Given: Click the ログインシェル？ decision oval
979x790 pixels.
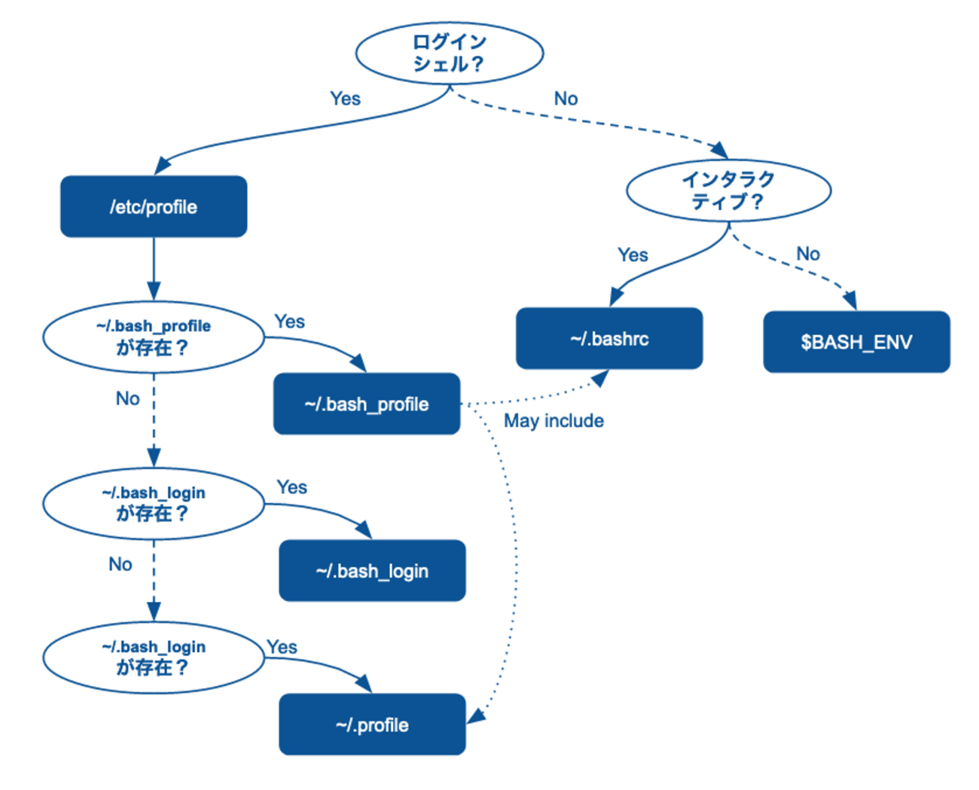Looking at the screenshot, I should tap(450, 53).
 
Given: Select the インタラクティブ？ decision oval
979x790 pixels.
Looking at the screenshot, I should tap(728, 191).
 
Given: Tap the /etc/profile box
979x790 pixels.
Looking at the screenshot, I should tap(154, 207).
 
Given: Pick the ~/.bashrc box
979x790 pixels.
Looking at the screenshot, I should tap(609, 339).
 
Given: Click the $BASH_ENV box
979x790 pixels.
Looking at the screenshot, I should tap(856, 343).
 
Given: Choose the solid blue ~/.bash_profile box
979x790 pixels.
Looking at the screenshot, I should tap(367, 404).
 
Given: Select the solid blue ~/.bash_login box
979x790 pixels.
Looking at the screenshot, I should tap(372, 571).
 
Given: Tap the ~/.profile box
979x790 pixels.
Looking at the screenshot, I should tap(372, 724).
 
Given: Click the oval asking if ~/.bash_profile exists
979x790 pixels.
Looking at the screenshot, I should tap(154, 337).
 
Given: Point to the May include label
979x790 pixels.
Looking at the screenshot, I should tap(554, 421).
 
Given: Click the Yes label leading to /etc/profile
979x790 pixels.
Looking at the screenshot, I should tap(345, 99).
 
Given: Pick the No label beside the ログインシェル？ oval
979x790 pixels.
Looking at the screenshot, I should tap(566, 99).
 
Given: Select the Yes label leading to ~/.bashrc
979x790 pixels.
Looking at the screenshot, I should tap(633, 255).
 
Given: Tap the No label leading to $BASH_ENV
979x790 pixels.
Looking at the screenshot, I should tap(808, 254).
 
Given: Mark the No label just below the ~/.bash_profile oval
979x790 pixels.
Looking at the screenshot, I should tap(127, 398).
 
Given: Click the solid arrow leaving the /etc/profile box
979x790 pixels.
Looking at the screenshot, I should tap(154, 268).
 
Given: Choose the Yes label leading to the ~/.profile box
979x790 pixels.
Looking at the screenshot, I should tap(282, 647).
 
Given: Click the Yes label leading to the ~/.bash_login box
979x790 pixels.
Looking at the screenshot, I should tap(291, 487).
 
